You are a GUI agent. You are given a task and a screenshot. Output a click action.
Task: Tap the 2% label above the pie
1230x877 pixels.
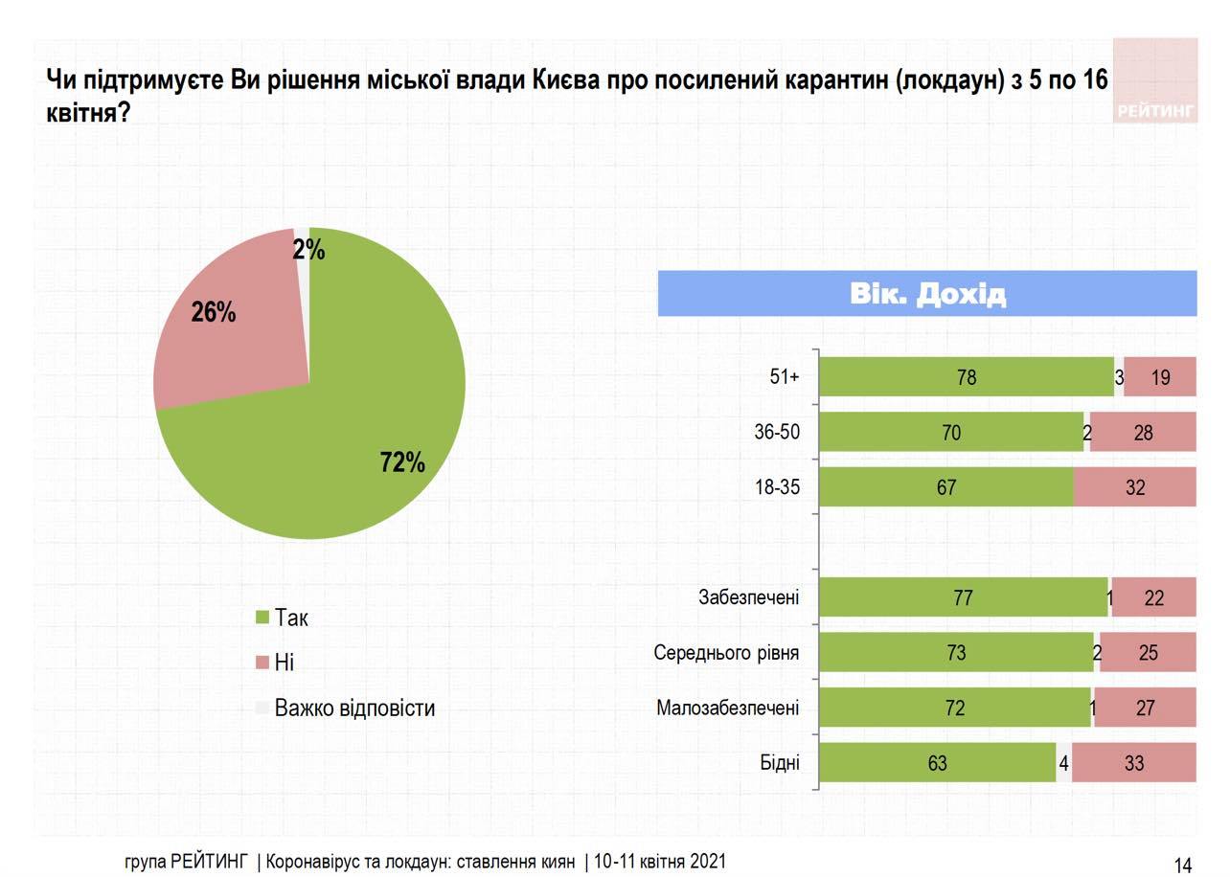point(309,251)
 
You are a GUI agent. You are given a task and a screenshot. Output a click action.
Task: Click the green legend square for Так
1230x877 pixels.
point(262,618)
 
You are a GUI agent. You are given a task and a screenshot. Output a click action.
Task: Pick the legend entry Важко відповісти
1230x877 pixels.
point(354,708)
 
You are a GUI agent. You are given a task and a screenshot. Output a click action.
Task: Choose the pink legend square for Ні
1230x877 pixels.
point(262,663)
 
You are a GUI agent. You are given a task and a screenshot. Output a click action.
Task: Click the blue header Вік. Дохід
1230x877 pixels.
point(927,294)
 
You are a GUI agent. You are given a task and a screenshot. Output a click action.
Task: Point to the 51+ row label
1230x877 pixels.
point(785,377)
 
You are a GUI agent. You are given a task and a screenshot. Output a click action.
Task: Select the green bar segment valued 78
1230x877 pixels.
point(967,377)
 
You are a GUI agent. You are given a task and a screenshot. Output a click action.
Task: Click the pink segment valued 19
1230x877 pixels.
point(1160,377)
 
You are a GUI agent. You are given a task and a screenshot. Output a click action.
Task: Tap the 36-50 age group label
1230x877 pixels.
point(777,433)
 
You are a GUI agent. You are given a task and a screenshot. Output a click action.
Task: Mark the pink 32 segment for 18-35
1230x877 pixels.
point(1135,487)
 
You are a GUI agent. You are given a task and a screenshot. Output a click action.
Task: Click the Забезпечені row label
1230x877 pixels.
point(749,598)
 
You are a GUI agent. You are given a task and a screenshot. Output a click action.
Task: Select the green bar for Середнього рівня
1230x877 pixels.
point(956,653)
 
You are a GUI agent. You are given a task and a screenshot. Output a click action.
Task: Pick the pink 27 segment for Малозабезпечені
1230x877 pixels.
point(1145,708)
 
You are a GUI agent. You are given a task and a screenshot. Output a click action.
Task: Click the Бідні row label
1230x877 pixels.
point(780,763)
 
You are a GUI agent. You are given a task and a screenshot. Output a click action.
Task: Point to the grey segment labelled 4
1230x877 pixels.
point(1064,763)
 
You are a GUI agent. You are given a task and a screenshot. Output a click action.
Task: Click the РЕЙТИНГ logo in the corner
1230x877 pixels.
point(1156,82)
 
